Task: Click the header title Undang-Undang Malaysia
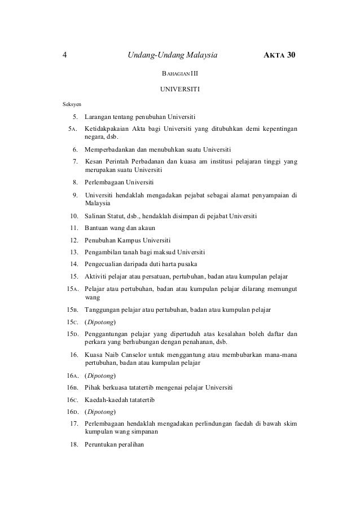[x=173, y=55]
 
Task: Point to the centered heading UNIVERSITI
[x=180, y=89]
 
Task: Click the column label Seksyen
[x=71, y=104]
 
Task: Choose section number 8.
[x=74, y=183]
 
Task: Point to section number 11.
[x=73, y=228]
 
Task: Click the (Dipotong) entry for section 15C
[x=100, y=322]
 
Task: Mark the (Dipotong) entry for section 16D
[x=100, y=412]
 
